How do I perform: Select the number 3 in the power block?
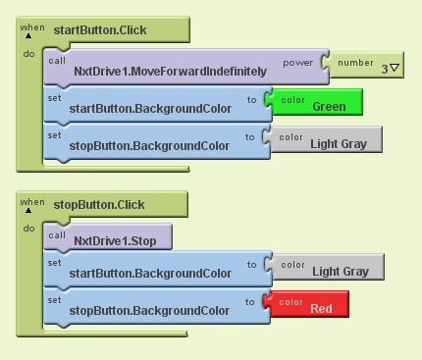384,68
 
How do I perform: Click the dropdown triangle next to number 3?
394,68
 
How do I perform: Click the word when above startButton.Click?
32,25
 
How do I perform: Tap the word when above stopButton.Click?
32,199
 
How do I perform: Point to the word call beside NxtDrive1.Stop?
57,234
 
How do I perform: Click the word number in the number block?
355,62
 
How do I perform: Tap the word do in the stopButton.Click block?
28,228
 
